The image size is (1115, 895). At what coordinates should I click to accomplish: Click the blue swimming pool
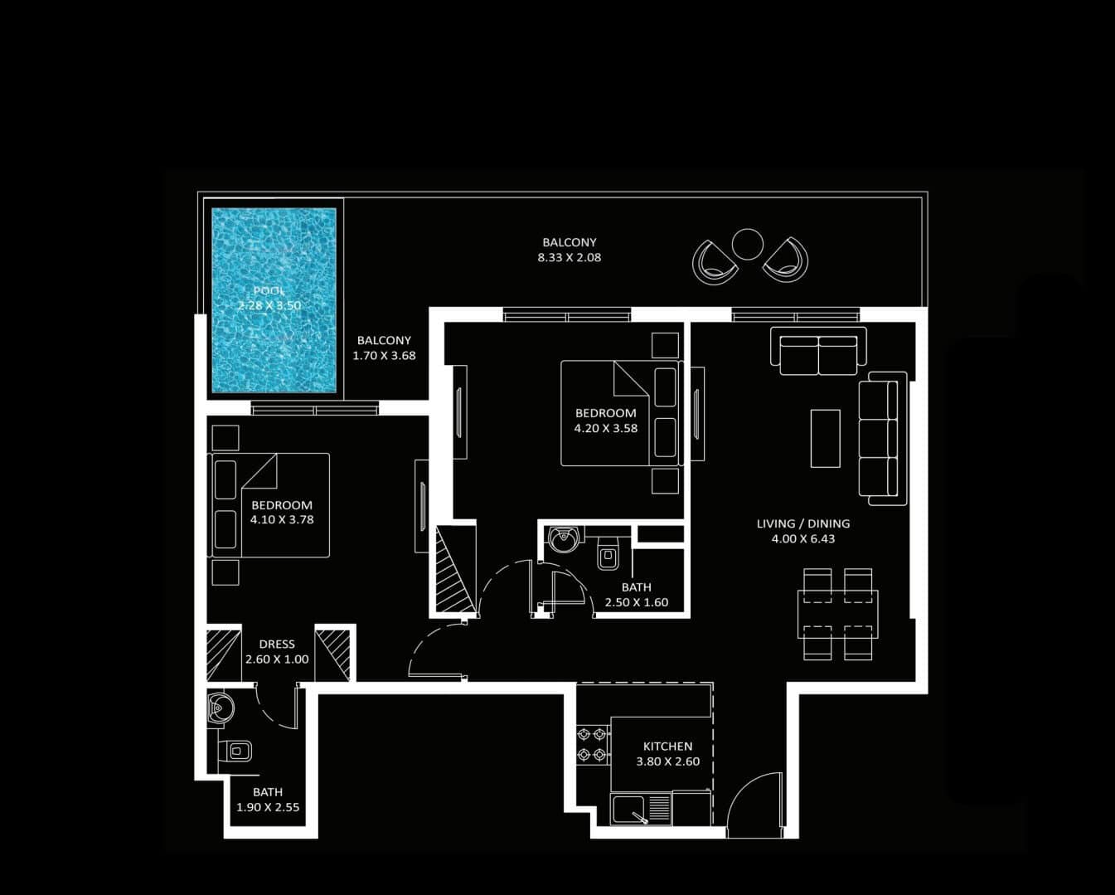[274, 301]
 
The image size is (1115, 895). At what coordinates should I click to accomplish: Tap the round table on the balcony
[748, 244]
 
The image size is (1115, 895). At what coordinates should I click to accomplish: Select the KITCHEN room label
[668, 747]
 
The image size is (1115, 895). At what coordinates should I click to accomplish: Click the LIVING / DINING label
[803, 523]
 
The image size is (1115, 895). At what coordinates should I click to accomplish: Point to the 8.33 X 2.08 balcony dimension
[570, 257]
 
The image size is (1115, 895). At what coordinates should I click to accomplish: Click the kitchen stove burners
[592, 744]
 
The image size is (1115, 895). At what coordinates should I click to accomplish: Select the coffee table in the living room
[826, 438]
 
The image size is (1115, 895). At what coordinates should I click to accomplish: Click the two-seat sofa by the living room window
[819, 351]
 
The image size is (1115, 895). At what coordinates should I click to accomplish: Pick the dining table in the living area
[838, 615]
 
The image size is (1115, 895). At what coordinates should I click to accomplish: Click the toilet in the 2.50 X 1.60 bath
[608, 553]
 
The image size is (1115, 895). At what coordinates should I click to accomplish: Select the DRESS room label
[277, 644]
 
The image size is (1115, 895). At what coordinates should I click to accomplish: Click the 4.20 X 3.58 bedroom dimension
[606, 428]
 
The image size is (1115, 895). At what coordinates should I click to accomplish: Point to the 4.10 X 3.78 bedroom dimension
[282, 519]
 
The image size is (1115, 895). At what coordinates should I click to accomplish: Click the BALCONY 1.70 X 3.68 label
[384, 348]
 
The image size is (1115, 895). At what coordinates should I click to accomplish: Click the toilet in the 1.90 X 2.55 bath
[235, 751]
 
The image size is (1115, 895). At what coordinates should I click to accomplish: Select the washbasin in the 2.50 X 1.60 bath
[563, 539]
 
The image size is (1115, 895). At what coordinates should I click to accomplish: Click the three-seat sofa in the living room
[883, 438]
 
